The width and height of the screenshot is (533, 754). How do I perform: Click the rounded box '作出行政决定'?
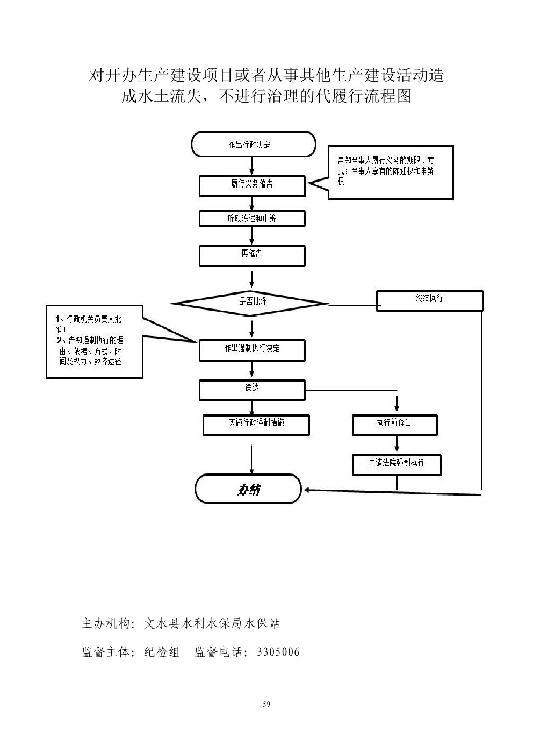click(x=253, y=145)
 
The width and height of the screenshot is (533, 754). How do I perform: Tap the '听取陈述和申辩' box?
click(x=252, y=219)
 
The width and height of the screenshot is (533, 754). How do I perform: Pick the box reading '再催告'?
click(x=252, y=256)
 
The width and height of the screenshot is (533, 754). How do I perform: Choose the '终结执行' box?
click(x=429, y=300)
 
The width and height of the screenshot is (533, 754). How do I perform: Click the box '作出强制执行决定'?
click(x=252, y=350)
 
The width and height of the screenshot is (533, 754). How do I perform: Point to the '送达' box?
click(x=252, y=390)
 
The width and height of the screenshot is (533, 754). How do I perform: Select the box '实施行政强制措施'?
click(x=256, y=425)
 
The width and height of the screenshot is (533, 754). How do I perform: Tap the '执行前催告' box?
click(x=394, y=425)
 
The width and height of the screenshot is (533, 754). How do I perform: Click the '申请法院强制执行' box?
click(x=397, y=464)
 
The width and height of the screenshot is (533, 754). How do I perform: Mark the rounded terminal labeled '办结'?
click(x=248, y=489)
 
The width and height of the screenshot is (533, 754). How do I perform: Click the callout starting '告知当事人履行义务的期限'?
click(x=391, y=173)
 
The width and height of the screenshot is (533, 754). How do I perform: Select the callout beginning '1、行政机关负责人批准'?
click(x=95, y=341)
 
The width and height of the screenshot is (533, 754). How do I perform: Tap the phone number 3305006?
click(x=278, y=652)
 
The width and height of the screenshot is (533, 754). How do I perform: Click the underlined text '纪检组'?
click(x=162, y=652)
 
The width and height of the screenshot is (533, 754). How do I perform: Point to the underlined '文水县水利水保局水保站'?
click(x=212, y=623)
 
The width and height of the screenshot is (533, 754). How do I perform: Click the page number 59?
click(x=266, y=705)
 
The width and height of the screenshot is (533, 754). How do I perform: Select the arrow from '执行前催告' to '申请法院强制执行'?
click(x=397, y=444)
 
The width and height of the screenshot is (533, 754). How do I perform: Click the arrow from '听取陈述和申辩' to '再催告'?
click(x=252, y=235)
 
